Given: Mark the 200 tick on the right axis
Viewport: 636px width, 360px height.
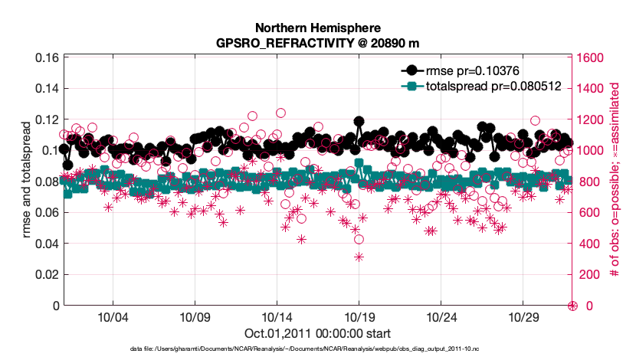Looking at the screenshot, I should coord(592,274).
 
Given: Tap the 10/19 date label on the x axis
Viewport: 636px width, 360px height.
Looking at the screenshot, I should coord(359,317).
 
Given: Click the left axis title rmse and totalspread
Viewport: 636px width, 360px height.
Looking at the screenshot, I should coord(28,182).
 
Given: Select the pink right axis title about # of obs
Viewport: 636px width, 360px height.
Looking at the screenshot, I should coord(615,182).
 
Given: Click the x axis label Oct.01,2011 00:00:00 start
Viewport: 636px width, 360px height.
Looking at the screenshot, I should coord(317,334).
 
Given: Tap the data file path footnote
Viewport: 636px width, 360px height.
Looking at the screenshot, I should coord(317,349).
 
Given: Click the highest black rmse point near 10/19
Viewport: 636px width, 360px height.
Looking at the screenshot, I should coord(359,121).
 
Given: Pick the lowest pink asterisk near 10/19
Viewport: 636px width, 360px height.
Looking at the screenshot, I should coord(359,257).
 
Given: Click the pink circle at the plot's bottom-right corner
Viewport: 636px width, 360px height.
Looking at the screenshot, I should coord(572,306).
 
